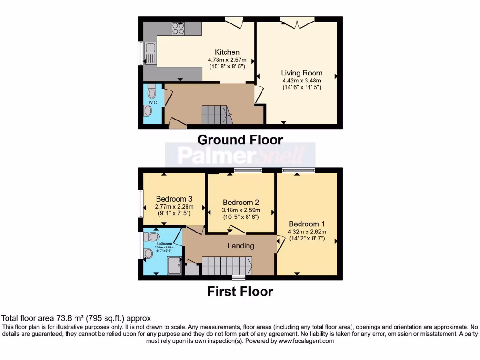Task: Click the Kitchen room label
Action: coord(227,52)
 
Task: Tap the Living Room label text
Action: coord(301,73)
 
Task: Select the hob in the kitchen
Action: coord(178,29)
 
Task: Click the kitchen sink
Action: coord(150,52)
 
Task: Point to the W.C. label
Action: coord(152,103)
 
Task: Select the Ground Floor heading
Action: coord(240,140)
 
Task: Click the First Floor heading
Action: coord(240,292)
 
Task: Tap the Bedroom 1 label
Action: coord(307,224)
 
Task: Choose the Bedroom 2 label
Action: coord(241,202)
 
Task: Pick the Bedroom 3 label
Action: coord(174,198)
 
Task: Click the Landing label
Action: coord(241,246)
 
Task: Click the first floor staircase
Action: coord(227,265)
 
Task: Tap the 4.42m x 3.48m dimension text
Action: coord(301,80)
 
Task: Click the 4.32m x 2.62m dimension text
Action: coord(307,231)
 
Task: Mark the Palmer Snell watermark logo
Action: coord(240,155)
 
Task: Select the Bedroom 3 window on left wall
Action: coord(140,203)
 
